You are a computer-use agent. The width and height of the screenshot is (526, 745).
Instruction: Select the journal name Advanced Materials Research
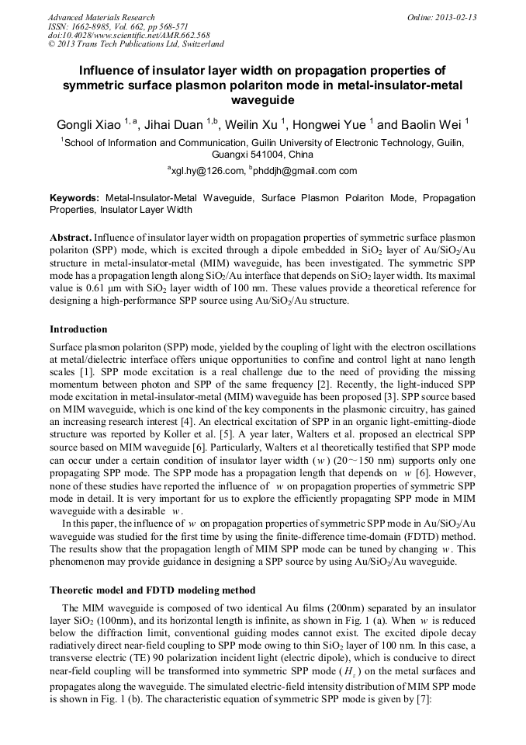[x=101, y=17]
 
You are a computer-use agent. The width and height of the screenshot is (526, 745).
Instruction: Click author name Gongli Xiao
[x=88, y=124]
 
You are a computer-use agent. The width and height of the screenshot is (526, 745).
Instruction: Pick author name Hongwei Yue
[x=332, y=124]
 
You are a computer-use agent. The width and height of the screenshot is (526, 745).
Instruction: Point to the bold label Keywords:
[x=74, y=199]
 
